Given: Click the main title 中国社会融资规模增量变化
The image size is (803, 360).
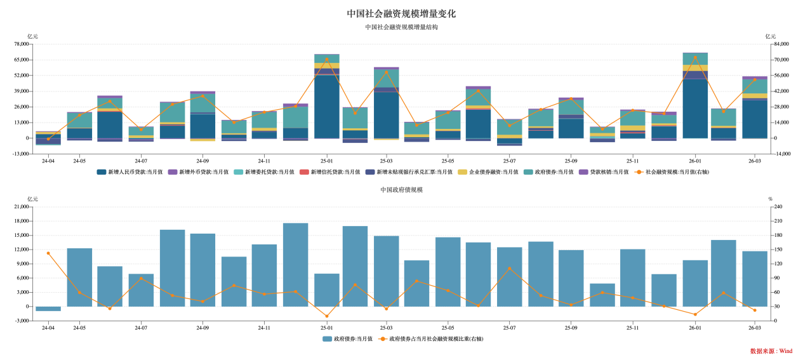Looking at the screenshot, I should tap(401, 13).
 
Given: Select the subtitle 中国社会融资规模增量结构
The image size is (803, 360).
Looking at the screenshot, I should tap(401, 27).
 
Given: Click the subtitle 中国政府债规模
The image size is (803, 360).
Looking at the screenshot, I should tap(401, 190).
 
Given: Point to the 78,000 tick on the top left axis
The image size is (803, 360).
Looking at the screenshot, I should tap(21, 44).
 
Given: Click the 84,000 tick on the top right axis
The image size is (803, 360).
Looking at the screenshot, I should tap(781, 44).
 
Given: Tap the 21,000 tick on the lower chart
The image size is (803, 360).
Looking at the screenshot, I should tap(21, 207).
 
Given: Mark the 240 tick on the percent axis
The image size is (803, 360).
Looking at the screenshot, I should tap(778, 207).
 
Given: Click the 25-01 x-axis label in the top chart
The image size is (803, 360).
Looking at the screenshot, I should tap(327, 161).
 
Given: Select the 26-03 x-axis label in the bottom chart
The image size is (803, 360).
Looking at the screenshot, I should tap(755, 328).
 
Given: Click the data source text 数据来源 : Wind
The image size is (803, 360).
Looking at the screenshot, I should tap(771, 350).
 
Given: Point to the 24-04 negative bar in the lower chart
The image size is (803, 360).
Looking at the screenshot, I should tap(48, 309).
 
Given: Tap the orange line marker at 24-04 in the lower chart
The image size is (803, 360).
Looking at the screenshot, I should tap(48, 253).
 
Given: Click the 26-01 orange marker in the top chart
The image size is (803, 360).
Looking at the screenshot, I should tap(695, 57).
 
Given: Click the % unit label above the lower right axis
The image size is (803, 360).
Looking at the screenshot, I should tap(771, 199).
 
